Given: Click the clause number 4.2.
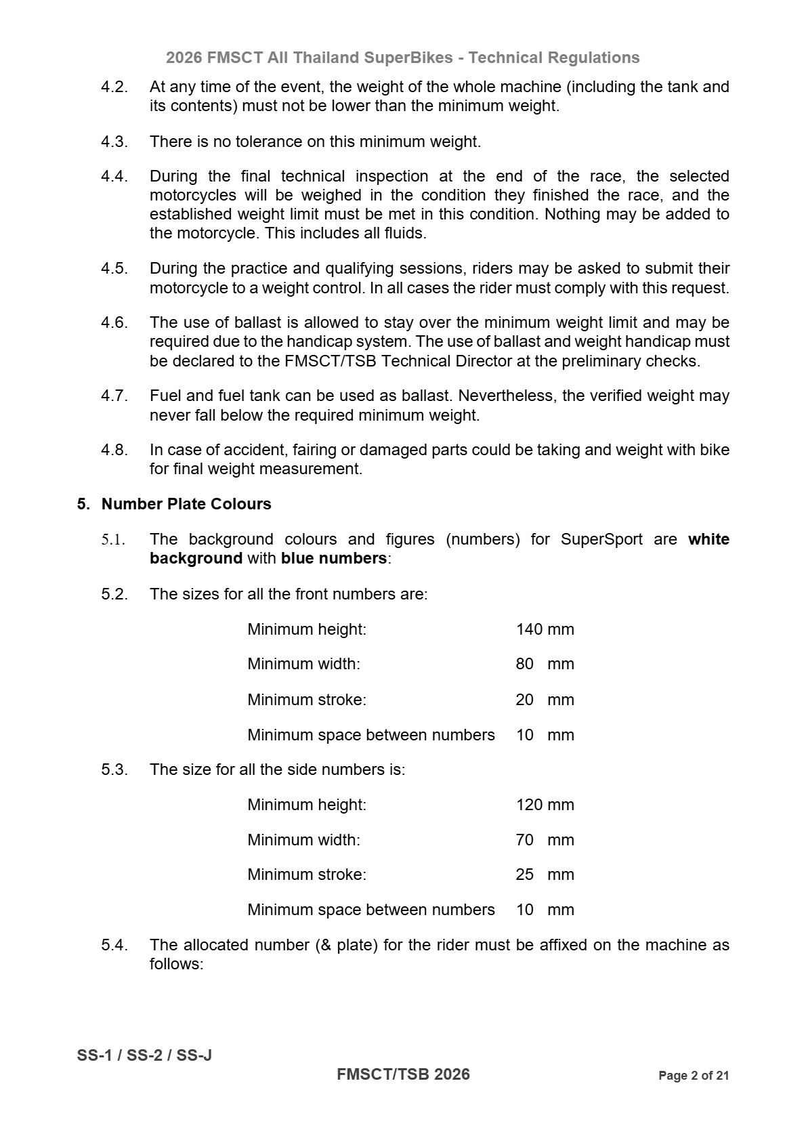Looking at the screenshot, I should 114,87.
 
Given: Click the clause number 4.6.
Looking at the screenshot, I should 114,322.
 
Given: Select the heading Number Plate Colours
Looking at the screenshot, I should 186,504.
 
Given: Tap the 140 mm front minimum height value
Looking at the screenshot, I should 545,629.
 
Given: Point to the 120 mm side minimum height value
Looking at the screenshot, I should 545,805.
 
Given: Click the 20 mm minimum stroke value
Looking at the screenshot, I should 545,700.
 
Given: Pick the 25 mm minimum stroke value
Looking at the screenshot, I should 545,874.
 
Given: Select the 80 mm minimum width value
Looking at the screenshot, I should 545,664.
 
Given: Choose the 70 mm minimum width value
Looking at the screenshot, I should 545,840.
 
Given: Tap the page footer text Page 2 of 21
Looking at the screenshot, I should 694,1076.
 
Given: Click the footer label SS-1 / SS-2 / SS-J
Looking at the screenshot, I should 144,1055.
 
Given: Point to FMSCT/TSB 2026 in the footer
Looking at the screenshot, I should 403,1074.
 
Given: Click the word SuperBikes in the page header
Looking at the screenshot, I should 408,58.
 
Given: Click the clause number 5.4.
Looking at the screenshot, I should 114,945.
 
